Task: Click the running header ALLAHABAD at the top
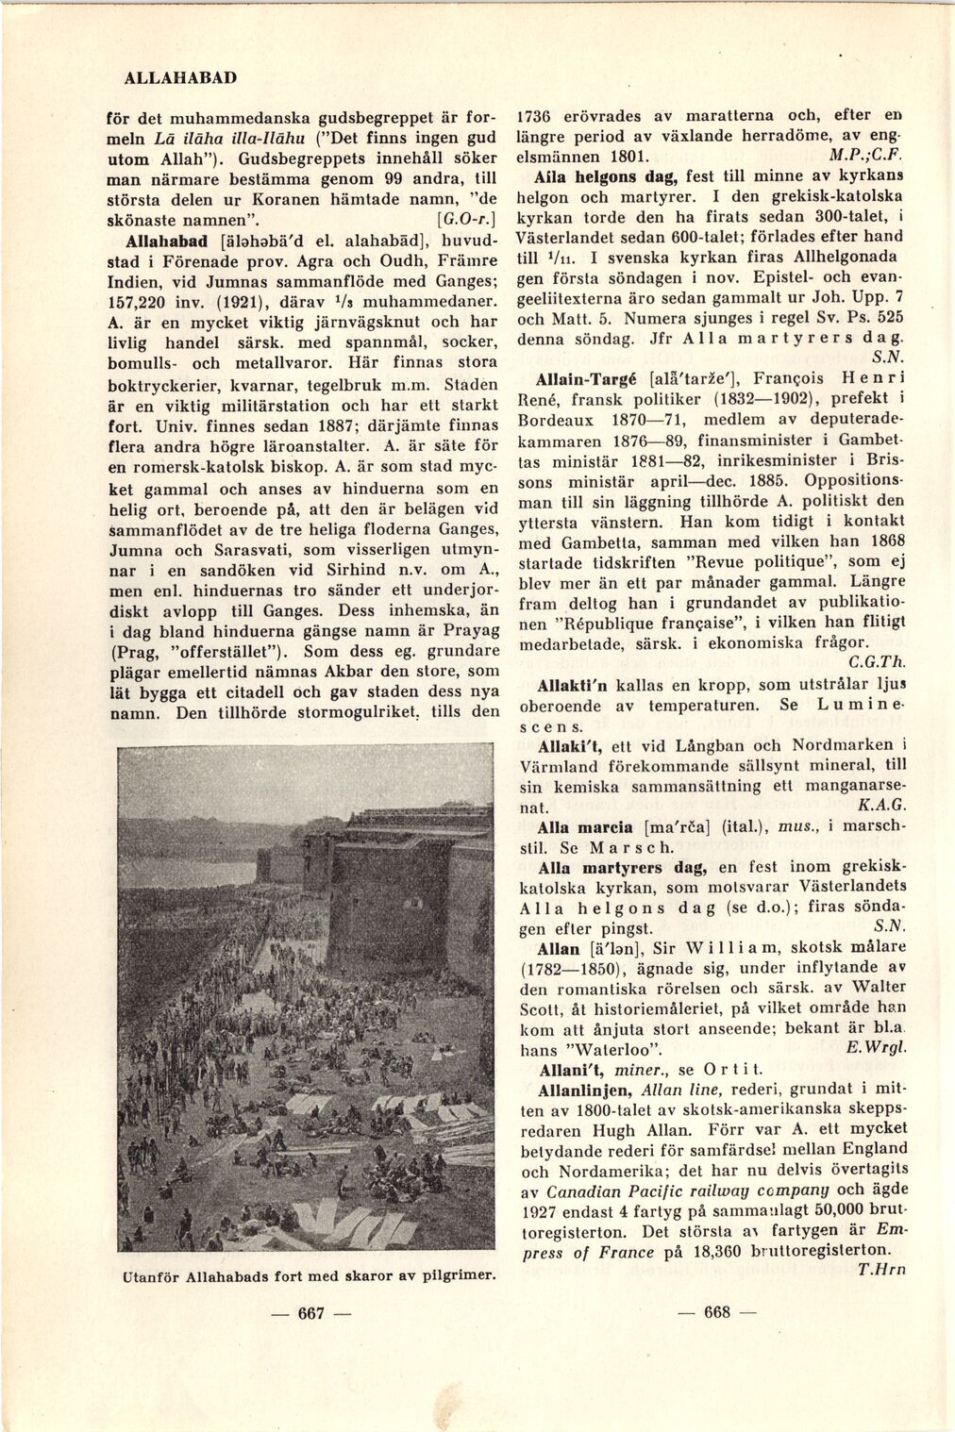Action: click(180, 76)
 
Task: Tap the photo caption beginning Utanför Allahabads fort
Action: click(308, 1275)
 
